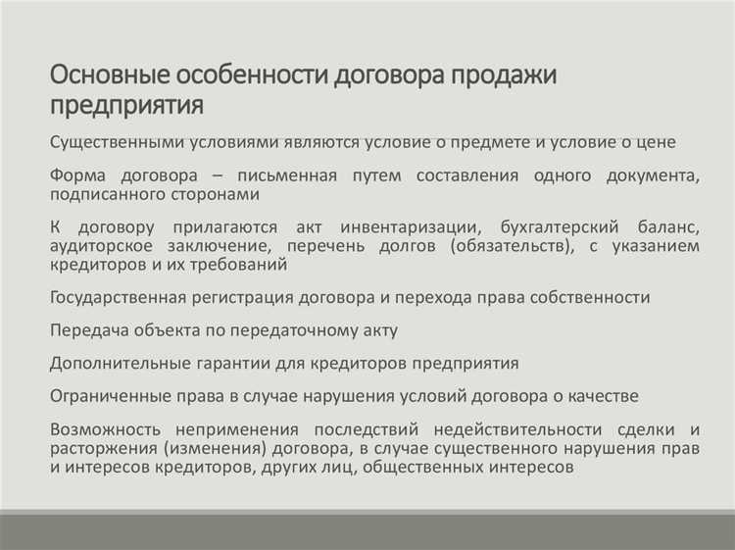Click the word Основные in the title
click(x=109, y=75)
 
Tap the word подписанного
click(x=112, y=195)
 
